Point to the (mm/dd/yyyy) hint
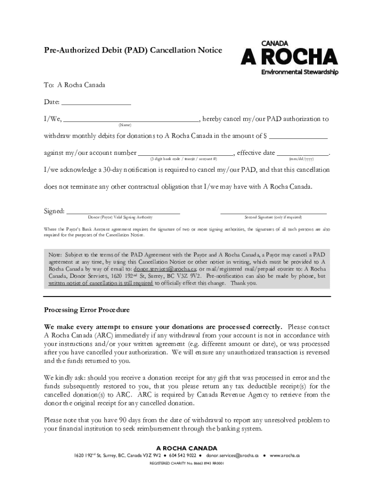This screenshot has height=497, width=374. pos(301,159)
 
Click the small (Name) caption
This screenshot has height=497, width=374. pos(125,125)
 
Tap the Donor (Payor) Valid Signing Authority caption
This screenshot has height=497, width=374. pos(120,217)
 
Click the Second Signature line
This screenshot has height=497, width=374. pos(273,213)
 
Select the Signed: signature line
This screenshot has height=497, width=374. pos(123,213)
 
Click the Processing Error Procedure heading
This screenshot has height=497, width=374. pos(87,310)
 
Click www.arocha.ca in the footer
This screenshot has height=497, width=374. pos(285,456)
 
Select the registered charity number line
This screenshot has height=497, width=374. pos(187,464)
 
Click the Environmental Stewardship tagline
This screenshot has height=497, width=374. pos(300,73)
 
